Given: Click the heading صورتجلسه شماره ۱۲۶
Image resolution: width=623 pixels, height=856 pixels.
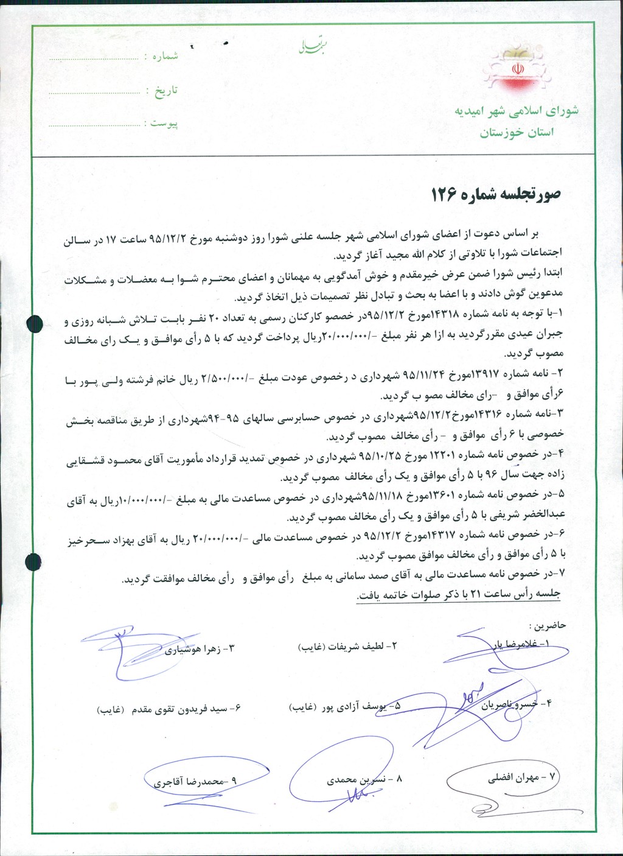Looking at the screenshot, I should coord(496,194).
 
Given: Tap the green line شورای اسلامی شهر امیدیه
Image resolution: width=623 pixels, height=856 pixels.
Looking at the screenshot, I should coord(517,111).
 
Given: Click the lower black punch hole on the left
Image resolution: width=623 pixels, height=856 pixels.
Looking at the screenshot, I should coord(33,559).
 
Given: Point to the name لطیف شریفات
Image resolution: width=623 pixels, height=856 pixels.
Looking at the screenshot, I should coord(353,647).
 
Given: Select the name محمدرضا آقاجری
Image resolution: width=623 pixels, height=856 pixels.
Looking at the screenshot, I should coord(196,781).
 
